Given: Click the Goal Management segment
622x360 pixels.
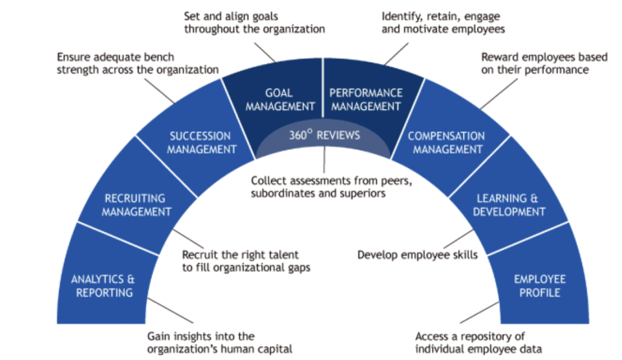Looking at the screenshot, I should (279, 99).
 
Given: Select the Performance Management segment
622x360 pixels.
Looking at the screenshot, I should (366, 99).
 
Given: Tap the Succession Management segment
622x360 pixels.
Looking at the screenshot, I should (199, 142).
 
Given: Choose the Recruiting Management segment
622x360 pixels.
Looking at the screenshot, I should (136, 204).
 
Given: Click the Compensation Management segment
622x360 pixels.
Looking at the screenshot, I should (446, 142).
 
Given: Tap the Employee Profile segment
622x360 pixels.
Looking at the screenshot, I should (540, 286).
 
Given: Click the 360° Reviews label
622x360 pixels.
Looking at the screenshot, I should (324, 135).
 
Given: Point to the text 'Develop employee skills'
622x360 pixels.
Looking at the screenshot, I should (417, 254).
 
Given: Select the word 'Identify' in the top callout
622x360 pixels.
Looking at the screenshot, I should (401, 16).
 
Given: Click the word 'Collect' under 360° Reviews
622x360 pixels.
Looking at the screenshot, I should (270, 181).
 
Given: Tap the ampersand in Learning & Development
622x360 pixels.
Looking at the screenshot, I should (534, 199).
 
